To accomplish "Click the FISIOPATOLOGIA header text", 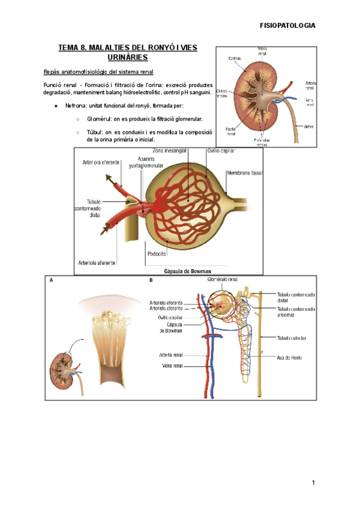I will [286, 25].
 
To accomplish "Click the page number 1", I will [313, 483].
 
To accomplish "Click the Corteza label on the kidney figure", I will [235, 58].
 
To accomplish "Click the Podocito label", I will [157, 253].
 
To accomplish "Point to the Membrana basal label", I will [244, 173].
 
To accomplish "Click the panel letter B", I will [151, 280].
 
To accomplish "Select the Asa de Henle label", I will [290, 358].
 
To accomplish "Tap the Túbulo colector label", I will [292, 338].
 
